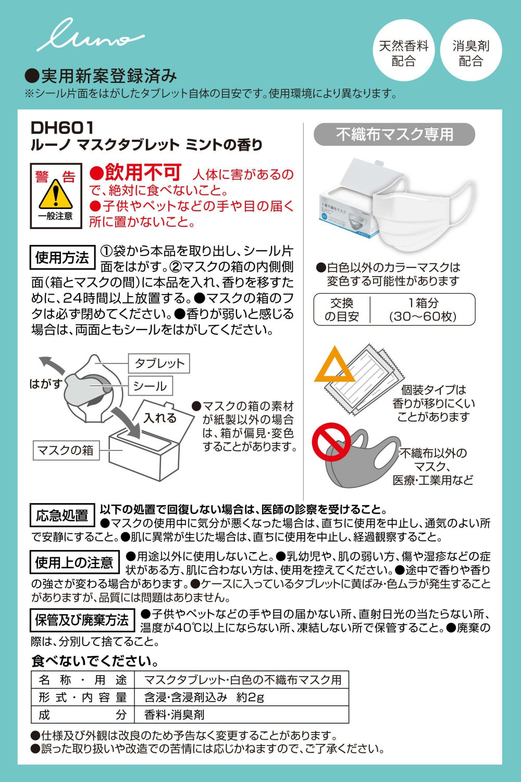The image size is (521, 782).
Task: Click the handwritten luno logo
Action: (90, 35)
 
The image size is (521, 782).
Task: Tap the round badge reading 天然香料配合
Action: (404, 50)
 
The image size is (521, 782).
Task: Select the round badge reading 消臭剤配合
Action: (471, 50)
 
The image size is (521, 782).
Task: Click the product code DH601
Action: (62, 128)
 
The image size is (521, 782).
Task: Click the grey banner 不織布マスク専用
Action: (394, 135)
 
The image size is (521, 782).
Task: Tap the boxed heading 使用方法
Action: (63, 258)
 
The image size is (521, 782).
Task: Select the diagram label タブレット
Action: (159, 363)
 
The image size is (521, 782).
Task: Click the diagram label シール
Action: (150, 386)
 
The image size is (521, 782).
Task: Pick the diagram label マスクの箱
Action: (66, 450)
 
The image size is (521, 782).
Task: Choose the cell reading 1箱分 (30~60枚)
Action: (423, 310)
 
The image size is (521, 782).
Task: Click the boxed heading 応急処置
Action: (63, 515)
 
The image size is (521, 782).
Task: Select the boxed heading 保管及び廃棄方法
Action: (82, 620)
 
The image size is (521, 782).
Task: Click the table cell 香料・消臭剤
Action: (175, 715)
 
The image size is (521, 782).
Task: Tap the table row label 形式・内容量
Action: (83, 697)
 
